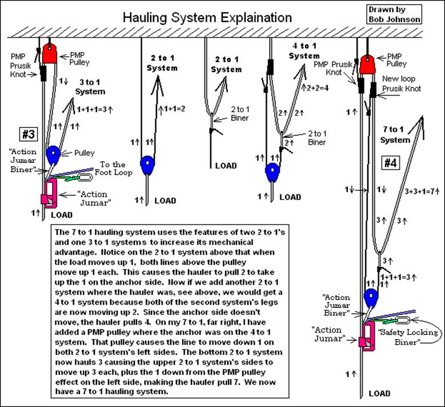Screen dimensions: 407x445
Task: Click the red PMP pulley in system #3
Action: [x=50, y=54]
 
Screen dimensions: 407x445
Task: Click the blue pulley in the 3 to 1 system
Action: [x=53, y=154]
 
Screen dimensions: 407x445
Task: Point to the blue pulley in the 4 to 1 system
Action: [x=271, y=170]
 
